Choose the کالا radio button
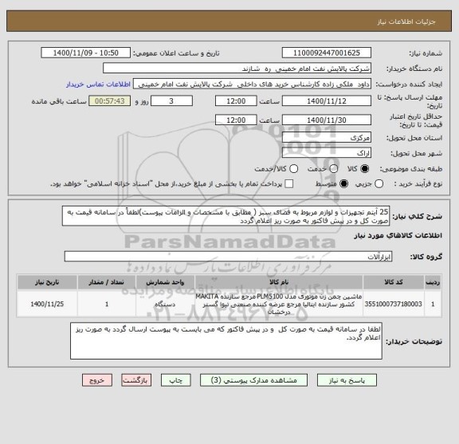click(367, 169)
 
